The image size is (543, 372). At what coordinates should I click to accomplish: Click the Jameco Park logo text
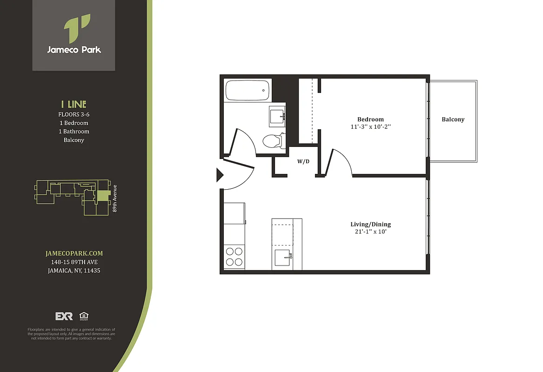pos(74,49)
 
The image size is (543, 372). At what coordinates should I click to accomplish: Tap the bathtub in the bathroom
pos(247,90)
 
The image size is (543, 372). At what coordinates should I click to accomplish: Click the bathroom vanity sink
pos(277,114)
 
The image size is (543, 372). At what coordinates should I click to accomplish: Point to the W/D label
pos(303,162)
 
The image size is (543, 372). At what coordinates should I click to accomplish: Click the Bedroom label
pos(370,120)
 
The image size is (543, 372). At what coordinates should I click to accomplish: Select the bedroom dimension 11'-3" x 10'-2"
pos(370,126)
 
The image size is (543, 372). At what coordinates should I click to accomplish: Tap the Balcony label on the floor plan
pos(453,120)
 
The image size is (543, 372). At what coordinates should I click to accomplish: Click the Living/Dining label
pos(370,224)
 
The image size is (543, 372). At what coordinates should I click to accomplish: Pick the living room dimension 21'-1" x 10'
pos(370,231)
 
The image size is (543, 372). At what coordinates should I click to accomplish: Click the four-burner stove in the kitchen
pos(234,257)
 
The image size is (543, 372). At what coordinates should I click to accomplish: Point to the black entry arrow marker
pos(220,175)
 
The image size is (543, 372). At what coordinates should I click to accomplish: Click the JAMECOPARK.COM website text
pos(74,253)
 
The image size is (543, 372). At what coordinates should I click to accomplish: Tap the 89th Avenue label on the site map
pos(114,199)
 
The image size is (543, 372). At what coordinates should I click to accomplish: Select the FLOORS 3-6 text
pos(74,114)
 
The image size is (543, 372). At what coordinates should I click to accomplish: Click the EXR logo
pos(64,316)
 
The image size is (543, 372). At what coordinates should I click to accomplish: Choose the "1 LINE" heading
pos(74,104)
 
